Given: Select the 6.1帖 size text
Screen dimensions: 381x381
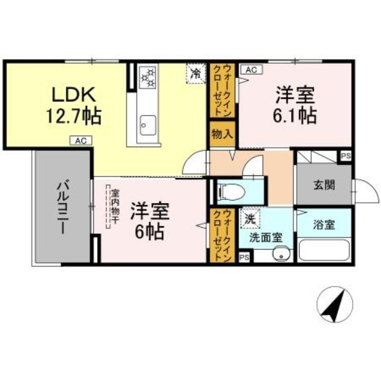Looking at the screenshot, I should click(296, 116).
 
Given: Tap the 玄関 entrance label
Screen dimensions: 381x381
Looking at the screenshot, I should click(324, 185).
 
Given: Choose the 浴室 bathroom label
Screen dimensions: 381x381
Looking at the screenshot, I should click(324, 225).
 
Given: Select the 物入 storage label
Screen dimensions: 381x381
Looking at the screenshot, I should click(222, 134).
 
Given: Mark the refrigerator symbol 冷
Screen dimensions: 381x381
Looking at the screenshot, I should click(196, 73).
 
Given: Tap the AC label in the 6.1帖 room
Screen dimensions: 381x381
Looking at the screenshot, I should click(251, 70).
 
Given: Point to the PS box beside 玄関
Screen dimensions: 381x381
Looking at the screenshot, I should click(345, 156).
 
